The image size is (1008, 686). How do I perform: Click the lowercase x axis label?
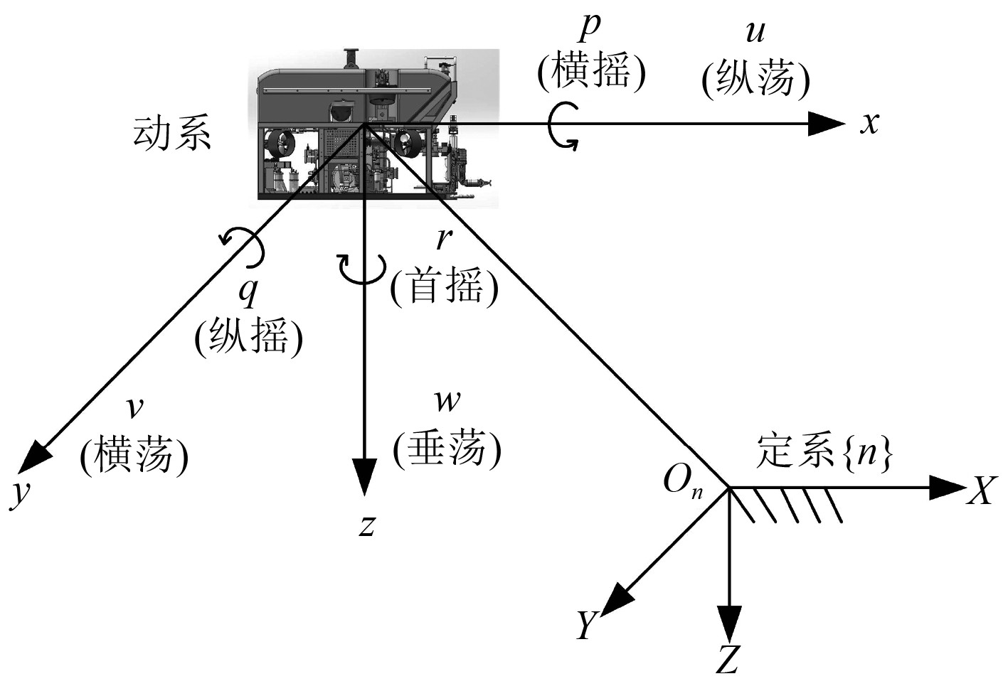[869, 124]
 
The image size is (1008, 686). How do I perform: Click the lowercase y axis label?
[21, 492]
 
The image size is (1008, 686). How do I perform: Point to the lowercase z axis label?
[366, 525]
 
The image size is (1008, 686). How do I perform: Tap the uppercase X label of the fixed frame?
[981, 490]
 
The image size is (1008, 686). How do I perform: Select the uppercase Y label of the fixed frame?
[587, 625]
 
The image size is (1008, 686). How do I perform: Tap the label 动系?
[172, 133]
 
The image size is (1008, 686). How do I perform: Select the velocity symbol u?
[755, 33]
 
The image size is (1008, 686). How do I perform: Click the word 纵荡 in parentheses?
[755, 79]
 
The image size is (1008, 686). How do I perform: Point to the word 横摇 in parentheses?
[592, 72]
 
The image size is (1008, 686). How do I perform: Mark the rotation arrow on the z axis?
[363, 269]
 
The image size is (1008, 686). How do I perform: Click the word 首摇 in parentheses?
[445, 287]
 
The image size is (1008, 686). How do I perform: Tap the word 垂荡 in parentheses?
[447, 449]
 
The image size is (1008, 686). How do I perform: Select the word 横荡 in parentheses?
[134, 454]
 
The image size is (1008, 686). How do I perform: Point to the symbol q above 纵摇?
[248, 291]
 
